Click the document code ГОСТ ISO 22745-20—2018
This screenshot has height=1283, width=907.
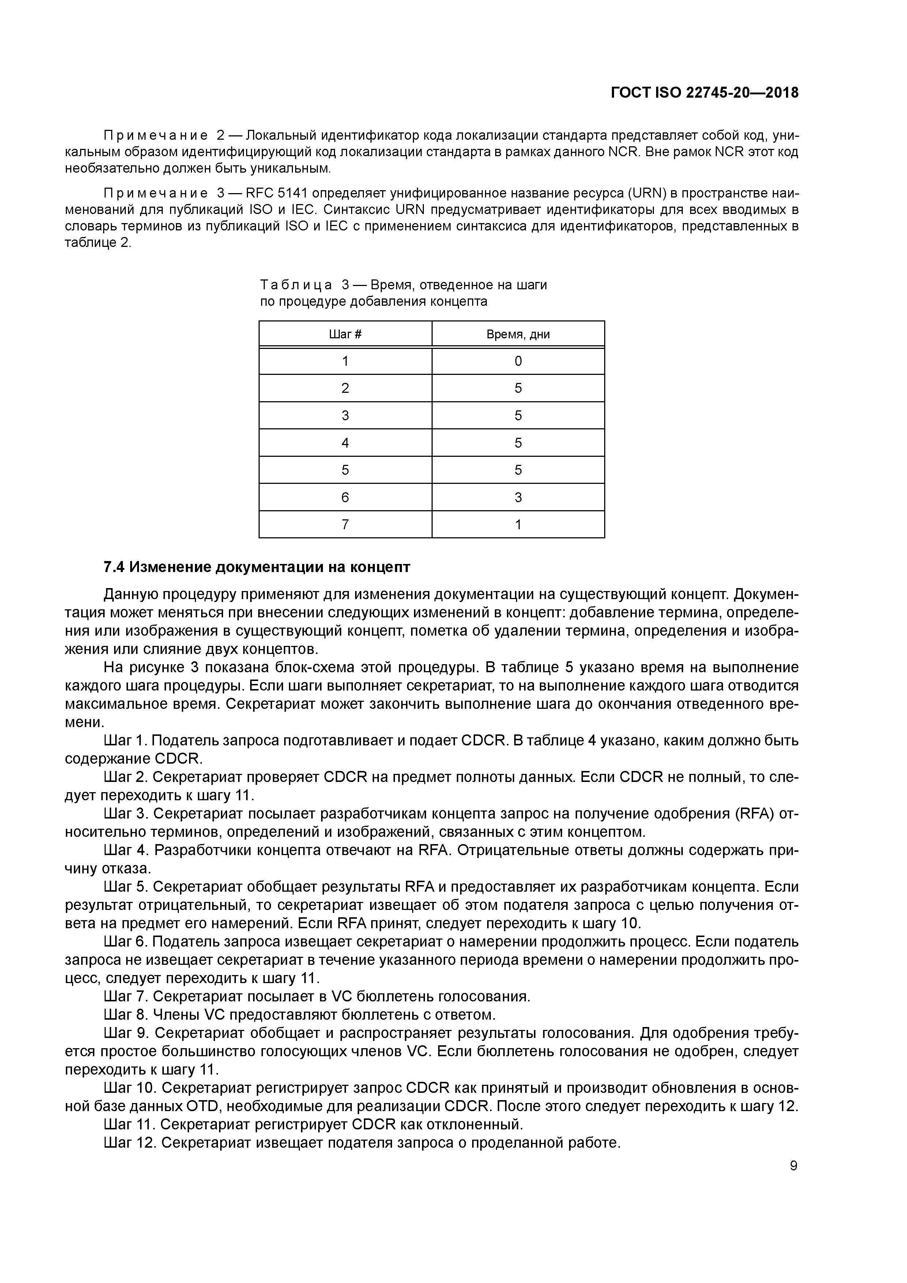[x=704, y=93]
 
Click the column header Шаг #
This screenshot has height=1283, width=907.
[x=345, y=334]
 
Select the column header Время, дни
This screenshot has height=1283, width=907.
[x=518, y=334]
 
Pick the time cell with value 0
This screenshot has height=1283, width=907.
[x=518, y=361]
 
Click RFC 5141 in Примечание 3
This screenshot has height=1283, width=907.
[x=276, y=193]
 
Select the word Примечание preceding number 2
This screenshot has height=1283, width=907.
[x=156, y=135]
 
